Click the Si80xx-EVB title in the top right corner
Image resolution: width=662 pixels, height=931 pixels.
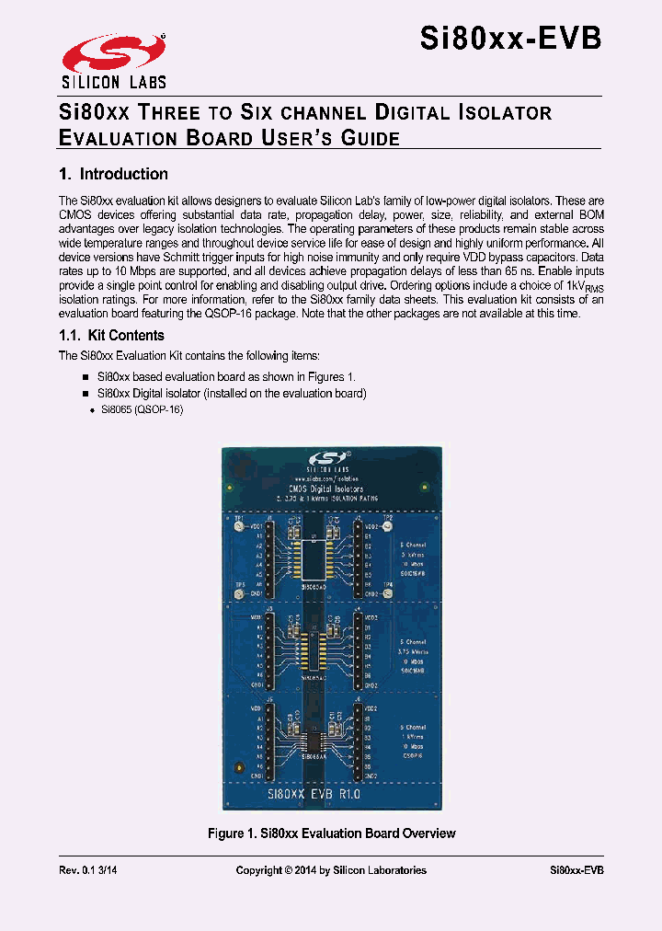pyautogui.click(x=511, y=39)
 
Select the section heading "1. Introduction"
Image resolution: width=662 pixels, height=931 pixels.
pyautogui.click(x=113, y=174)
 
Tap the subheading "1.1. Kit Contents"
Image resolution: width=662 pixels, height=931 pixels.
pyautogui.click(x=111, y=336)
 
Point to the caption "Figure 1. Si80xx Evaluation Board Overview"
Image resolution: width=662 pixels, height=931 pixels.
pyautogui.click(x=332, y=833)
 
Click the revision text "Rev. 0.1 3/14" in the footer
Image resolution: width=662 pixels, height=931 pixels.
pyautogui.click(x=88, y=870)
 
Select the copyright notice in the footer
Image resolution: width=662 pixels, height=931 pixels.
pyautogui.click(x=331, y=870)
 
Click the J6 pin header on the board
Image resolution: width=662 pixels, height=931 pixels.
pyautogui.click(x=357, y=745)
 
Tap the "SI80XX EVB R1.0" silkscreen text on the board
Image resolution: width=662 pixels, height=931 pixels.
pyautogui.click(x=314, y=792)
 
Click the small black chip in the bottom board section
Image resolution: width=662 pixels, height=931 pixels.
pyautogui.click(x=314, y=741)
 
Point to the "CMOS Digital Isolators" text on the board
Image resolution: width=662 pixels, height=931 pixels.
pyautogui.click(x=327, y=488)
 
